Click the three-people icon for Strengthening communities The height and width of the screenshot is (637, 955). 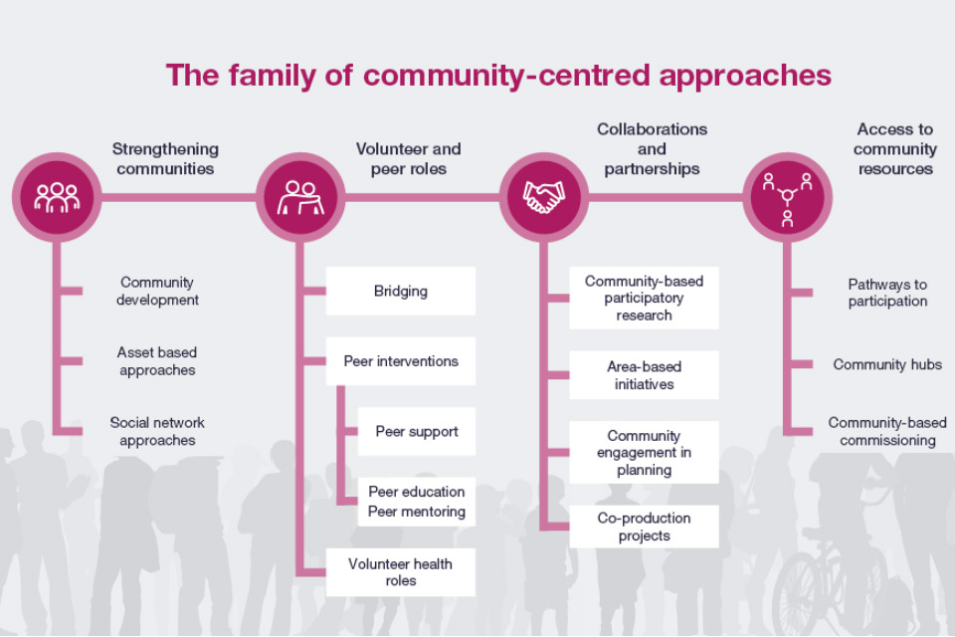point(57,197)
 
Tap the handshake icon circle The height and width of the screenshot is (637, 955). point(544,197)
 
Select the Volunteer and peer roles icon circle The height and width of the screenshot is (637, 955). point(300,197)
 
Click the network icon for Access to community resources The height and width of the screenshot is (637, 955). point(788,197)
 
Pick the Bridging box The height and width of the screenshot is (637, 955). point(400,291)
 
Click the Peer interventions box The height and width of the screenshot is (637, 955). point(400,361)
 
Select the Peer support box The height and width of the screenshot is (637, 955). point(417,431)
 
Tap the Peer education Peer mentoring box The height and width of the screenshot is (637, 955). point(417,502)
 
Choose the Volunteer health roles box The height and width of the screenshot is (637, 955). point(400,572)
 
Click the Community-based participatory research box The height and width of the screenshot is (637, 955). point(644,298)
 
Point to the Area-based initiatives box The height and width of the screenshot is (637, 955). point(644,375)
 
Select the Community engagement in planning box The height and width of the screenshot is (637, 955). point(644,452)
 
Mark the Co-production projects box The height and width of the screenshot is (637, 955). point(644,527)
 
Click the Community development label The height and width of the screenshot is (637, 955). point(157,291)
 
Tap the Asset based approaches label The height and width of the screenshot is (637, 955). point(157,361)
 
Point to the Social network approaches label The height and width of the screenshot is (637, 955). point(157,431)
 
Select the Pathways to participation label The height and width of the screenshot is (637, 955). point(887,293)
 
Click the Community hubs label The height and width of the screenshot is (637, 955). point(887,364)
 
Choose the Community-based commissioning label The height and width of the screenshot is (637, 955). point(887,431)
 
